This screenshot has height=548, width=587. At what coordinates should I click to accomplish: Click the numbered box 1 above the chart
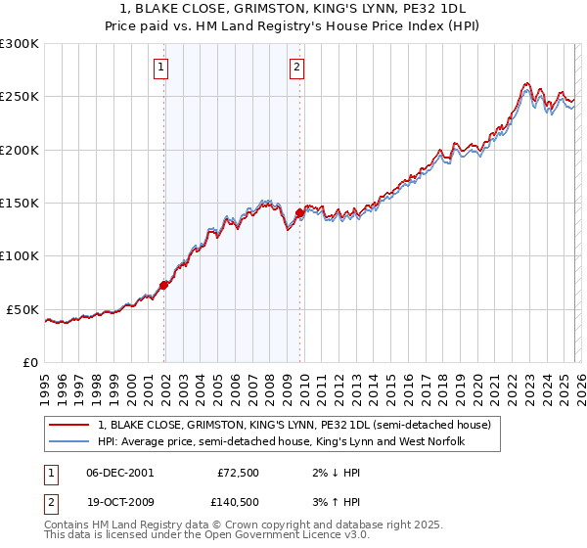pos(160,68)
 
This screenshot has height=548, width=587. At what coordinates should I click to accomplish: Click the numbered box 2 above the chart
pos(295,68)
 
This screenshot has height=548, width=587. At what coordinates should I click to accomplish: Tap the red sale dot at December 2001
pos(164,286)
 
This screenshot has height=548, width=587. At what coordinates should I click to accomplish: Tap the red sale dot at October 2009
pos(300,212)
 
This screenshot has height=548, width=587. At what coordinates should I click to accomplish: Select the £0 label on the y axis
pos(29,362)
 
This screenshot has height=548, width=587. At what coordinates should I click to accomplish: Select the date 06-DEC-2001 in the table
pos(119,473)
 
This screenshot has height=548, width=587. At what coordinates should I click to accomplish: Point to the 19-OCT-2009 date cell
pos(119,502)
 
